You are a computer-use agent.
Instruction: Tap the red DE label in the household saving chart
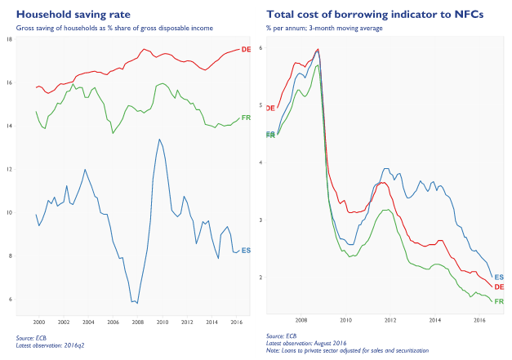(x=247, y=51)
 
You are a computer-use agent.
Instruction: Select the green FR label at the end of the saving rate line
(x=247, y=118)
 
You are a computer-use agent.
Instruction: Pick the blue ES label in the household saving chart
(x=247, y=251)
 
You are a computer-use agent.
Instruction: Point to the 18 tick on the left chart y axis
(x=20, y=40)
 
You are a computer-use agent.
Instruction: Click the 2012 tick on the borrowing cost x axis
(x=390, y=321)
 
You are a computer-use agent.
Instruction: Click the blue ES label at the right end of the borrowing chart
(x=499, y=278)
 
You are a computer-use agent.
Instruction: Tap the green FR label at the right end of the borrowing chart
(x=499, y=302)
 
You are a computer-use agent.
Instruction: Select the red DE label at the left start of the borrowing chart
(x=271, y=108)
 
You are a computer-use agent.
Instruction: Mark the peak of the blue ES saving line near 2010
(x=159, y=139)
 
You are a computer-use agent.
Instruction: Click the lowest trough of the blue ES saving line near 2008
(x=136, y=303)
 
